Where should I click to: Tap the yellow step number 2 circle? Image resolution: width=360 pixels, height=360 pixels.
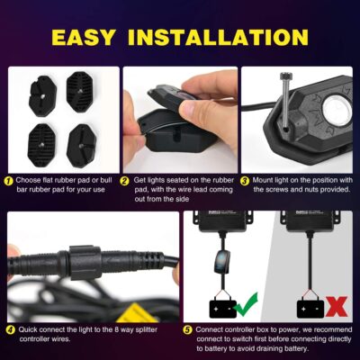click(126, 180)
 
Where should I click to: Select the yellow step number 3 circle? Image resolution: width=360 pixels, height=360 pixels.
click(247, 180)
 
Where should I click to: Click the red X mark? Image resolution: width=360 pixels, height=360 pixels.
click(336, 307)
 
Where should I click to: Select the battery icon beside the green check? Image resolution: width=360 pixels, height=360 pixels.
click(221, 309)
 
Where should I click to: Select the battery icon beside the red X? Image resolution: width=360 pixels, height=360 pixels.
click(310, 309)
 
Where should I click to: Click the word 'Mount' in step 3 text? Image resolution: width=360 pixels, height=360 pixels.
click(265, 180)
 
